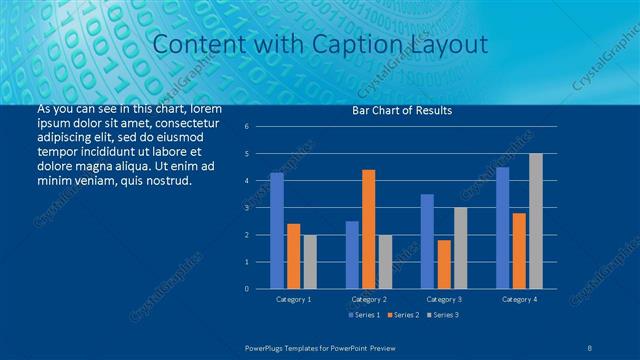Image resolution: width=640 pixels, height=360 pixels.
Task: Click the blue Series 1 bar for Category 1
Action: (x=277, y=231)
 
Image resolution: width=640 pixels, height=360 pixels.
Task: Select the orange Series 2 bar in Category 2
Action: (x=368, y=229)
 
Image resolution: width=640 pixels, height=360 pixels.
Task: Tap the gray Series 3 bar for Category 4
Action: (x=535, y=221)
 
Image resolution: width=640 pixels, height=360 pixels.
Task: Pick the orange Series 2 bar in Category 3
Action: (x=444, y=264)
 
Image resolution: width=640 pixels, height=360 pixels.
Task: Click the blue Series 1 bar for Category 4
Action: (x=502, y=228)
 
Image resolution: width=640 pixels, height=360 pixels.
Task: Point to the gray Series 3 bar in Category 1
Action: (x=310, y=262)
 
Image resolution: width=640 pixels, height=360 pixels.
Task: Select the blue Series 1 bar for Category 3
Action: (x=427, y=241)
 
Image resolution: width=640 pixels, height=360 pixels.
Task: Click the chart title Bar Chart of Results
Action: (x=402, y=110)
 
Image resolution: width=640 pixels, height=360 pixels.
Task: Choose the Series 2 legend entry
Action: (x=402, y=315)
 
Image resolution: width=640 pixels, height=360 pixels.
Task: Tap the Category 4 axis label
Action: (x=518, y=299)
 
